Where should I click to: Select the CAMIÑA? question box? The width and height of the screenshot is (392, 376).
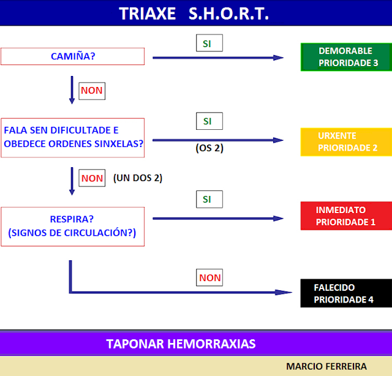72,56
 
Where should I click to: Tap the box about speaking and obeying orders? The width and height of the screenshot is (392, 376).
72,137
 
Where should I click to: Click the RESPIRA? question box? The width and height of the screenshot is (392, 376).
72,227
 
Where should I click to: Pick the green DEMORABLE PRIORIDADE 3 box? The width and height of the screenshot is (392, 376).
345,57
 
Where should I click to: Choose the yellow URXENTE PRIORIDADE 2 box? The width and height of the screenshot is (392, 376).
345,141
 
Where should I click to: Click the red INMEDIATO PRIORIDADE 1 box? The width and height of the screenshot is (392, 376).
345,216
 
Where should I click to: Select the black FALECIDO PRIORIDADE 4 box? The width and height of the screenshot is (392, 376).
345,293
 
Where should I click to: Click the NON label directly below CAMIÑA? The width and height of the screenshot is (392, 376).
92,91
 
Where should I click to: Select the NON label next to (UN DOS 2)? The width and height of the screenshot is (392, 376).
92,178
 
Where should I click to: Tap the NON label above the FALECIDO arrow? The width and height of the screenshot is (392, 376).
209,277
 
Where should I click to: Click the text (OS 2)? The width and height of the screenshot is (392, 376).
209,148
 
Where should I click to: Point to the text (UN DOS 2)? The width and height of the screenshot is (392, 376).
137,178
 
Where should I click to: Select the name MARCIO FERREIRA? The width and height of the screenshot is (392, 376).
326,366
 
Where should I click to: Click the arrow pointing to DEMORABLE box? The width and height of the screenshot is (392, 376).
217,58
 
